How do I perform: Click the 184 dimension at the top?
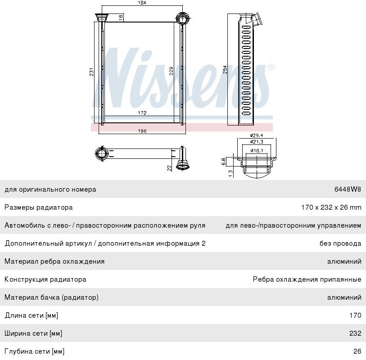tap(142, 3)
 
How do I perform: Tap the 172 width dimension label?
tap(141, 113)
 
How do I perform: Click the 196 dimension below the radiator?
tap(142, 131)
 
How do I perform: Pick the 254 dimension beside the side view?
tap(225, 70)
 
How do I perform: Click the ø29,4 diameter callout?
tap(257, 135)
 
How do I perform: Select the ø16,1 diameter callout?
tap(257, 151)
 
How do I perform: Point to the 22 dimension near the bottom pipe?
tap(169, 167)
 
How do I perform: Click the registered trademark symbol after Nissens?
tap(271, 67)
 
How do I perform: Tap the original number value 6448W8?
tap(348, 189)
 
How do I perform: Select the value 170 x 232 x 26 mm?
tap(331, 207)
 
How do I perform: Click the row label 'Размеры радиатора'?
tap(39, 207)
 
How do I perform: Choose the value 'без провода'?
tap(340, 243)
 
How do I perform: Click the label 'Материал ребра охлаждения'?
tap(54, 261)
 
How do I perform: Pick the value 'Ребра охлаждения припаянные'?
tap(307, 279)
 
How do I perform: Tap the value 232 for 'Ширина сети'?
tap(355, 333)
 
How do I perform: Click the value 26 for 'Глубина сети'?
tap(357, 351)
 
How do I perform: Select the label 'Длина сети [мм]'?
tap(32, 315)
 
